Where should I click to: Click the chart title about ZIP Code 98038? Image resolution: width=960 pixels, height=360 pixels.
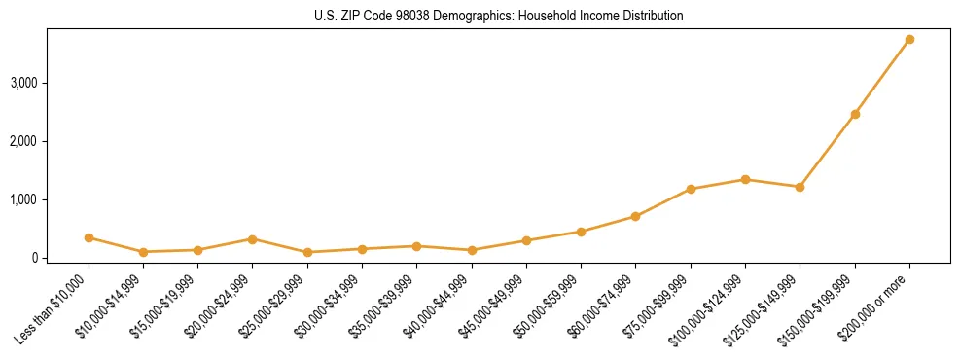click(x=498, y=16)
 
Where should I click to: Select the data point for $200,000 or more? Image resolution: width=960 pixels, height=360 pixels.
click(x=909, y=40)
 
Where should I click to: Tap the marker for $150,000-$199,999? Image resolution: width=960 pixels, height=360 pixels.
click(x=855, y=114)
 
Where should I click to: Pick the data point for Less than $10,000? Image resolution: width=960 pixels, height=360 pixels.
click(x=89, y=237)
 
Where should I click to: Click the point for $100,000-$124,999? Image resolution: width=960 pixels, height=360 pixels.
click(x=745, y=179)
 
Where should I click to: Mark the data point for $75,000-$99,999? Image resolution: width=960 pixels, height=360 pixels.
click(x=691, y=189)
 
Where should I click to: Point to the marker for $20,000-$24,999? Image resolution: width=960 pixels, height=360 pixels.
click(x=252, y=239)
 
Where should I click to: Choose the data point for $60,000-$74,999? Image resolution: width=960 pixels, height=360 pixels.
click(x=635, y=216)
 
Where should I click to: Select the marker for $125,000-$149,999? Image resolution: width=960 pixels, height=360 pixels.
click(x=800, y=187)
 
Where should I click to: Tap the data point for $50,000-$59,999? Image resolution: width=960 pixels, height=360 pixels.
click(x=581, y=232)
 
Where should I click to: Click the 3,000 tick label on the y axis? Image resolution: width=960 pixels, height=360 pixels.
click(x=23, y=83)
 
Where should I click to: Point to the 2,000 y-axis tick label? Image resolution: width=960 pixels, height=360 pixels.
click(x=23, y=141)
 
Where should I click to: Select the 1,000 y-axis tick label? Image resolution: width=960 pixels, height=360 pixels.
click(x=23, y=199)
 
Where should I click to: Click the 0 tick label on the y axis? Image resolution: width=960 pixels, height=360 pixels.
click(x=34, y=258)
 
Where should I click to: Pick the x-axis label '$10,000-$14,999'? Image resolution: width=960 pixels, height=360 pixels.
click(x=110, y=306)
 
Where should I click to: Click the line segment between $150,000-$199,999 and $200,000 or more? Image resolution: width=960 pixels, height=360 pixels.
click(x=882, y=77)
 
